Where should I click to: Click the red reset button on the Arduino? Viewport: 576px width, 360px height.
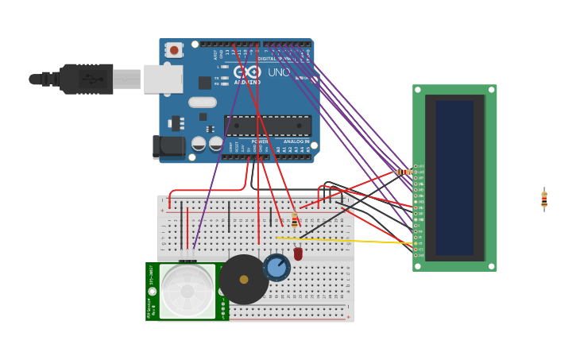pyautogui.click(x=174, y=50)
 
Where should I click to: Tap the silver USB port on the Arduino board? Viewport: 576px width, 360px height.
pyautogui.click(x=163, y=79)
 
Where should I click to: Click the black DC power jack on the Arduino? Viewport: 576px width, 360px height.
pyautogui.click(x=168, y=146)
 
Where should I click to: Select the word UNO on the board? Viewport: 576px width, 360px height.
pyautogui.click(x=279, y=72)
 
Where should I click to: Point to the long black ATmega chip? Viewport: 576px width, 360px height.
pyautogui.click(x=268, y=126)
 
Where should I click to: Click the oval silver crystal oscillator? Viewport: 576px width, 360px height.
pyautogui.click(x=203, y=102)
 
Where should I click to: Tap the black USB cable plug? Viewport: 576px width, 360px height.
pyautogui.click(x=86, y=79)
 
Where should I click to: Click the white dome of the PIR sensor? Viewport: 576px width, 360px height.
pyautogui.click(x=187, y=291)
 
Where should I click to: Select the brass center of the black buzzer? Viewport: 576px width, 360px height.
pyautogui.click(x=244, y=279)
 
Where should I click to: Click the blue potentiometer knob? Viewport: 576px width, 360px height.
pyautogui.click(x=276, y=268)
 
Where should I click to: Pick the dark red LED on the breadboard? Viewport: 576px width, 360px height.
pyautogui.click(x=298, y=254)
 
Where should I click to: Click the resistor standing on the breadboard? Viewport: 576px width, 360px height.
pyautogui.click(x=295, y=220)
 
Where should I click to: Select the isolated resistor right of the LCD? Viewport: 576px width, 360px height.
pyautogui.click(x=544, y=199)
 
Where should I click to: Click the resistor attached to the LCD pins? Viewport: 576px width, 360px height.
pyautogui.click(x=404, y=172)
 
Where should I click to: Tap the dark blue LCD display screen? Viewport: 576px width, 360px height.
pyautogui.click(x=454, y=177)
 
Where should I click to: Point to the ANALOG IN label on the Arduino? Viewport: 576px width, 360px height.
pyautogui.click(x=296, y=141)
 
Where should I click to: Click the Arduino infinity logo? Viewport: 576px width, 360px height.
pyautogui.click(x=246, y=72)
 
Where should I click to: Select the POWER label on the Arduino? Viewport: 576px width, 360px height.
pyautogui.click(x=260, y=141)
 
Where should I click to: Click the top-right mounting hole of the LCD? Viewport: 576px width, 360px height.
pyautogui.click(x=491, y=90)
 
